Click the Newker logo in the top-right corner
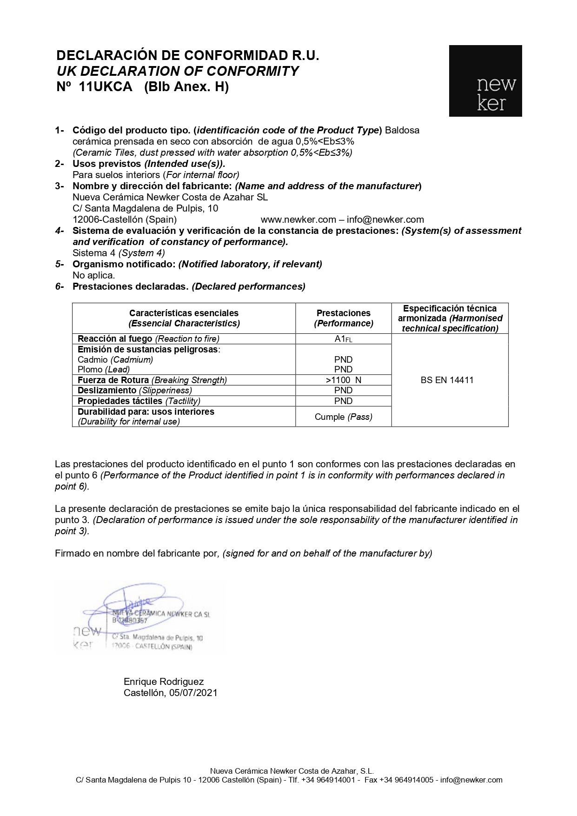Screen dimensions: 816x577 (x=485, y=81)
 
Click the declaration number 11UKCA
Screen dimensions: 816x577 (x=106, y=87)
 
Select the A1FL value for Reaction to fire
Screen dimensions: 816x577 (x=343, y=339)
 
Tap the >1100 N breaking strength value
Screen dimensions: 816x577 (x=343, y=380)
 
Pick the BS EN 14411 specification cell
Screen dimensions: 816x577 (x=447, y=380)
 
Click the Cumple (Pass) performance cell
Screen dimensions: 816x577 (x=343, y=417)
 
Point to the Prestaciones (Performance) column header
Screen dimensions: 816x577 (x=343, y=318)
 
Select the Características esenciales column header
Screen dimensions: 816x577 (x=184, y=318)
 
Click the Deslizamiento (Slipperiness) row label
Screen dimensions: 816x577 (x=134, y=391)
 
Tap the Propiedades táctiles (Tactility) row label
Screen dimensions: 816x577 (x=139, y=401)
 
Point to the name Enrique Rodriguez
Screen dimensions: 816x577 (x=164, y=682)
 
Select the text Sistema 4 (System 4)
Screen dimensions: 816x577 (x=119, y=253)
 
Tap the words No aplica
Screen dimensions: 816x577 (x=93, y=275)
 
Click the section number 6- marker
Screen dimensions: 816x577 (x=60, y=286)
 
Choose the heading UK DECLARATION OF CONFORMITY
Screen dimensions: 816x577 (x=178, y=71)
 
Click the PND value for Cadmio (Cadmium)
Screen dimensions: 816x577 (x=343, y=359)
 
